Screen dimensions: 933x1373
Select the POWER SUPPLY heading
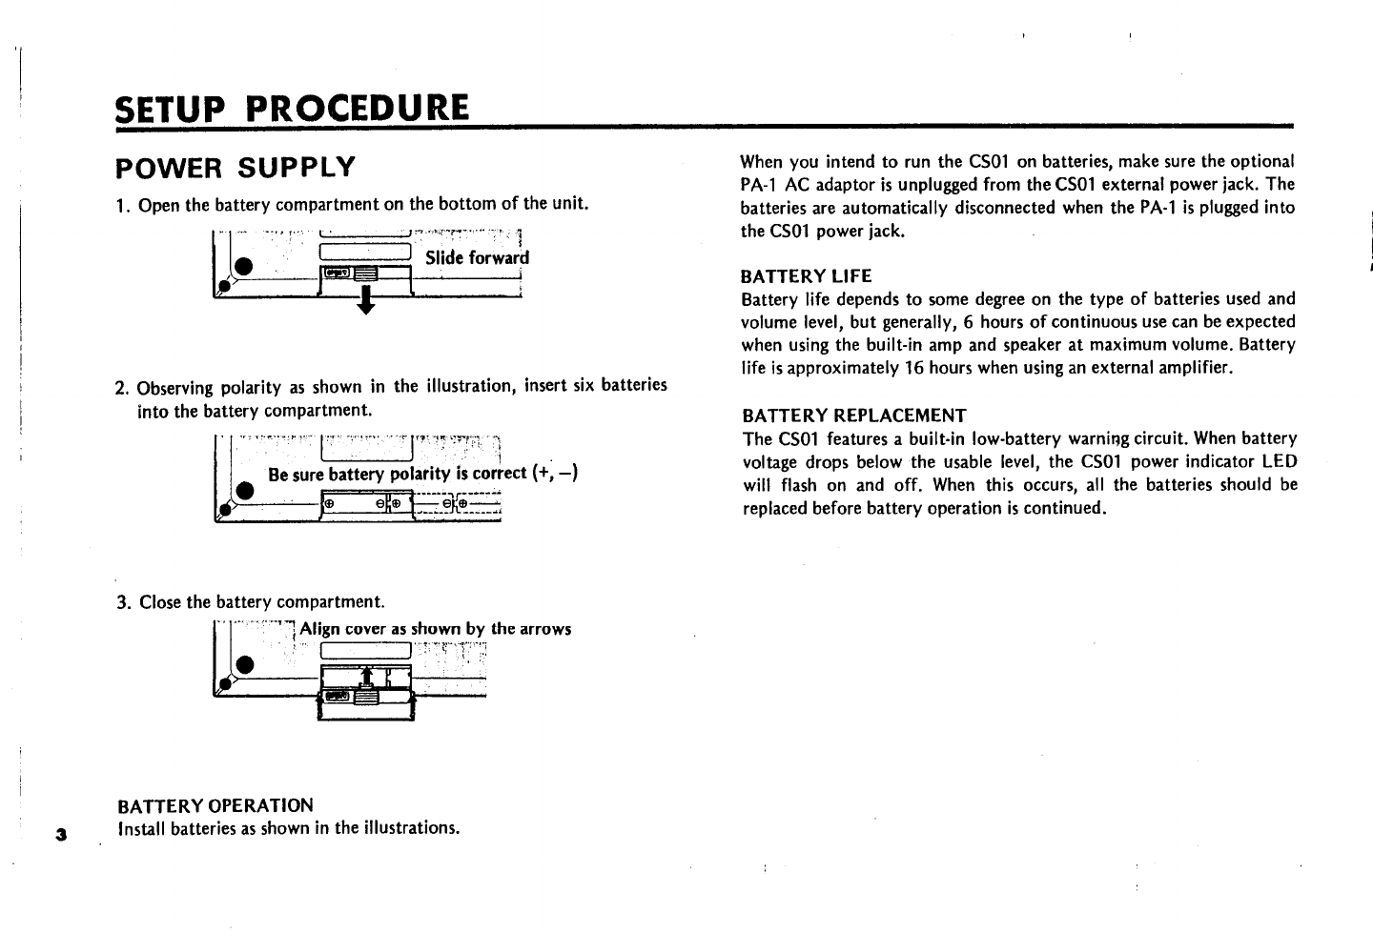click(x=235, y=169)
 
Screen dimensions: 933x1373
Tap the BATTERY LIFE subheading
click(x=806, y=276)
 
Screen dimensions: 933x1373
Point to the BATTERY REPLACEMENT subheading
click(x=853, y=416)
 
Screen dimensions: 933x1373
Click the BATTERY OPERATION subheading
click(x=215, y=805)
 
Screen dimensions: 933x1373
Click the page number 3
click(x=61, y=835)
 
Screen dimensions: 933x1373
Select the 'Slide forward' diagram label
click(x=477, y=258)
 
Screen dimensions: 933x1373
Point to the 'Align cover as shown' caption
click(x=436, y=629)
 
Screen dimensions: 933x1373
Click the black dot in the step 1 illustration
click(x=244, y=265)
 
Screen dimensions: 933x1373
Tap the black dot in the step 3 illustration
click(x=244, y=663)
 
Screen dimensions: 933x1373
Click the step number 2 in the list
click(x=121, y=388)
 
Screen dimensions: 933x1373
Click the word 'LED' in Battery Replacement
click(x=1278, y=461)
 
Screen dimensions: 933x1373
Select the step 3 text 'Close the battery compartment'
click(x=262, y=602)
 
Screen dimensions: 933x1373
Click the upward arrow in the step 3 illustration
click(x=365, y=676)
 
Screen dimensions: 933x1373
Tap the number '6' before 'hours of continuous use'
click(x=968, y=322)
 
